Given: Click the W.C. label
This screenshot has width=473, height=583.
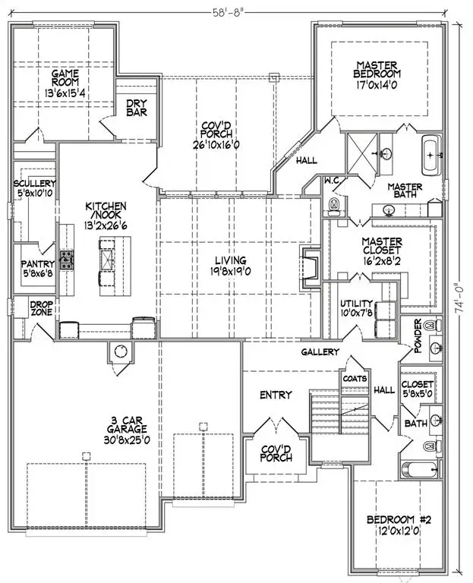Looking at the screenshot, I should click(x=331, y=181).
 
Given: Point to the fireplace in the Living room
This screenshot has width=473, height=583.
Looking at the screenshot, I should click(x=309, y=267).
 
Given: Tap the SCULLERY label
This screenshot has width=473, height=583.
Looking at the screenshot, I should click(x=35, y=184).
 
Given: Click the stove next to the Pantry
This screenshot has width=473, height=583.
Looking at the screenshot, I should click(x=68, y=260).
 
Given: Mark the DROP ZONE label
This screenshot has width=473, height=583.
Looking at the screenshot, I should click(x=40, y=308).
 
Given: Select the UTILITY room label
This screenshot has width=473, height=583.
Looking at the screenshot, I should click(x=356, y=303).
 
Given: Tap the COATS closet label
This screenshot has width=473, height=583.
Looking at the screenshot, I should click(x=355, y=377).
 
